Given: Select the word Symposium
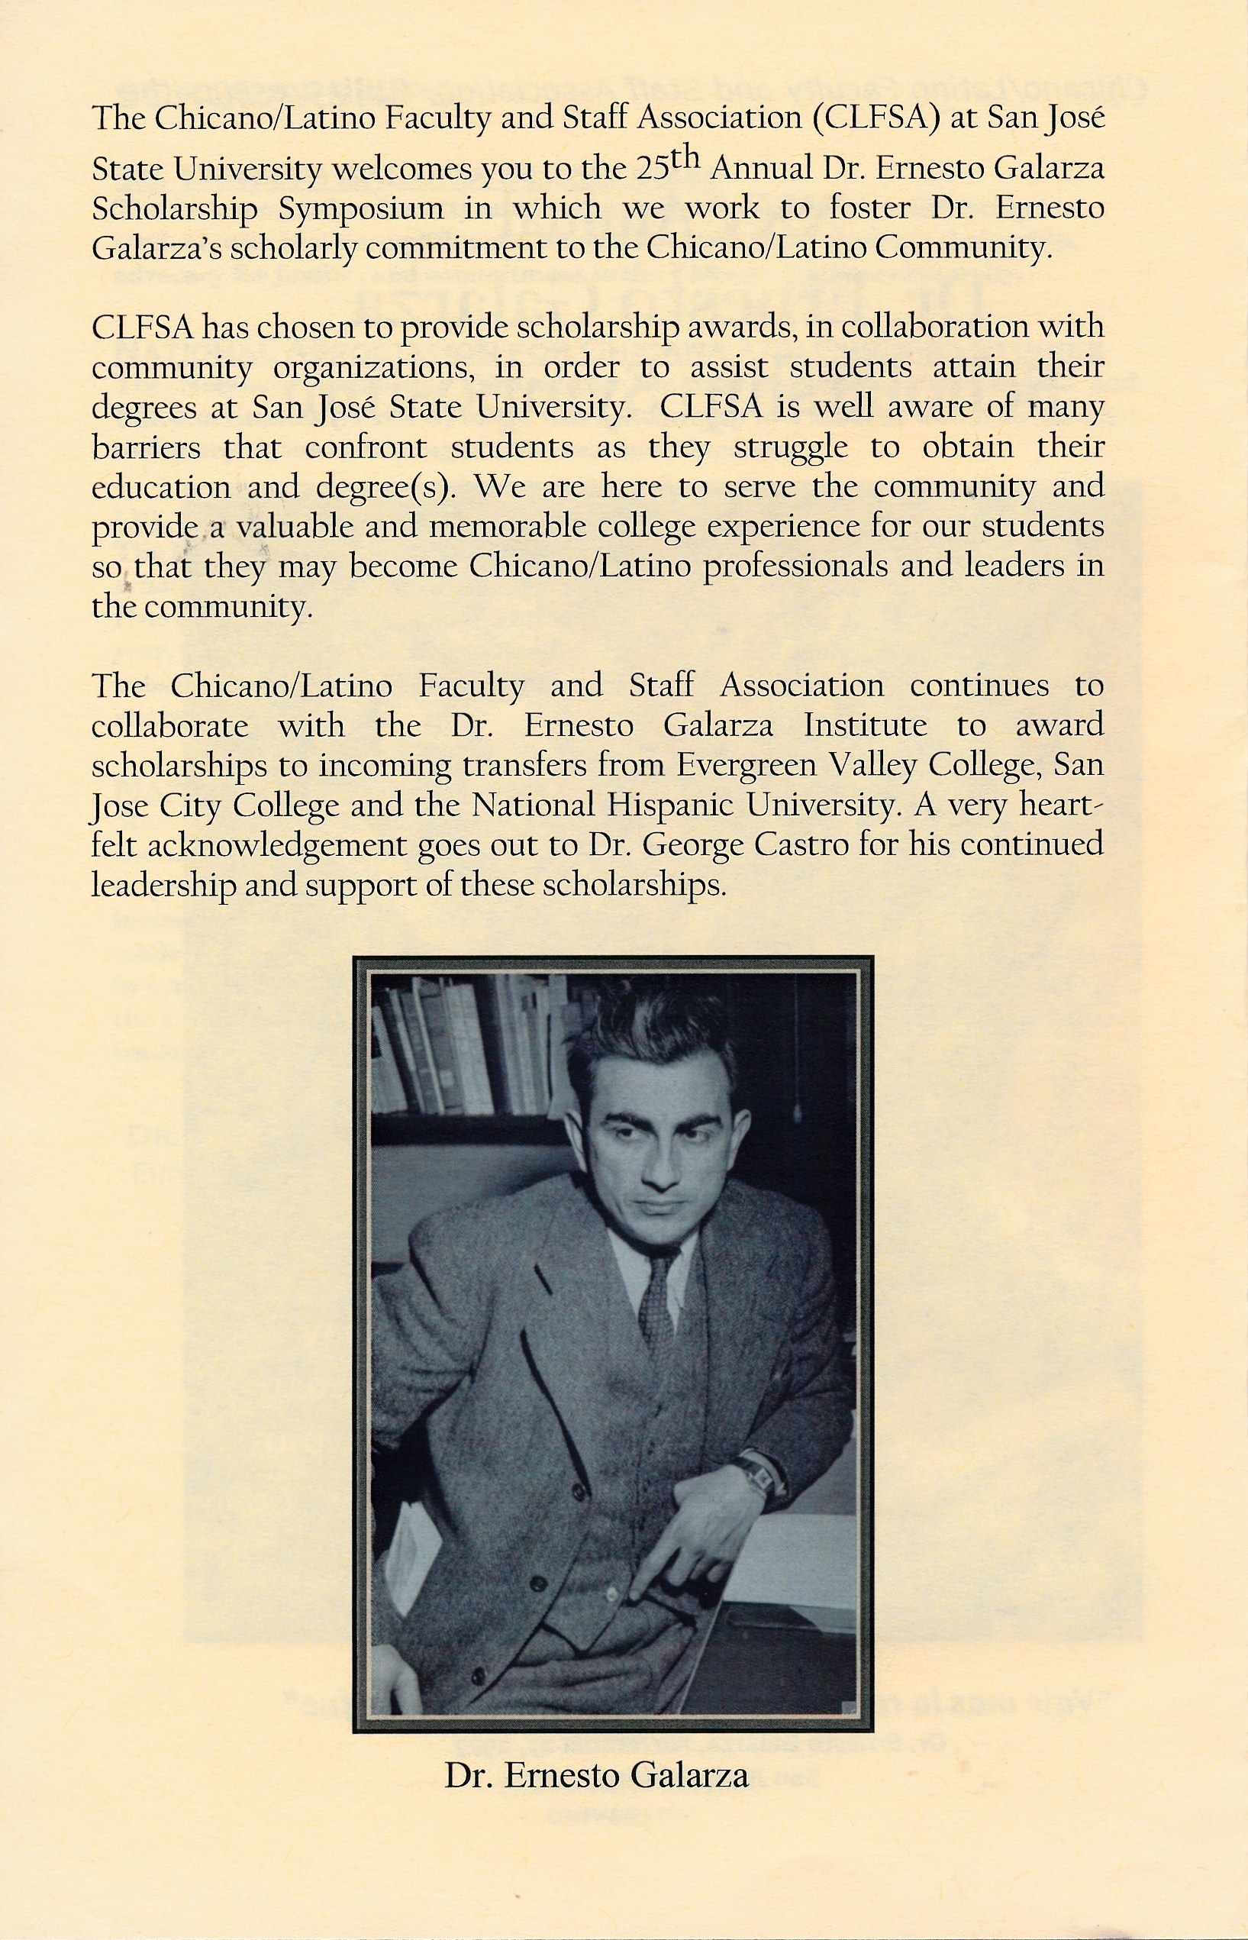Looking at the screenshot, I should tap(360, 208).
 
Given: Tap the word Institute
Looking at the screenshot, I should tap(865, 725).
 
